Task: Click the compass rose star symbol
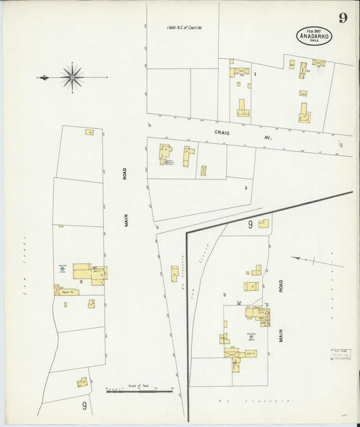[72, 78]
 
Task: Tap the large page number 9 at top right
[343, 18]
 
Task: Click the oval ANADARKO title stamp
[313, 35]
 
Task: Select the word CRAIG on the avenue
[223, 133]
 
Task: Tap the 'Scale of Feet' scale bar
[139, 390]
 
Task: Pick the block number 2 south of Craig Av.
[246, 187]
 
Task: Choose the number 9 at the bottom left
[84, 405]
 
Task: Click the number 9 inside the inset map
[249, 224]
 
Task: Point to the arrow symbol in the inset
[317, 260]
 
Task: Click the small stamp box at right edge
[340, 356]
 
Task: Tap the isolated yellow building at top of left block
[89, 132]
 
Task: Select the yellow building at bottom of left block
[82, 382]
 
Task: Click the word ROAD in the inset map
[281, 286]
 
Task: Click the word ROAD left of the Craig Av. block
[126, 174]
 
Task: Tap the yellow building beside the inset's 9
[263, 223]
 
